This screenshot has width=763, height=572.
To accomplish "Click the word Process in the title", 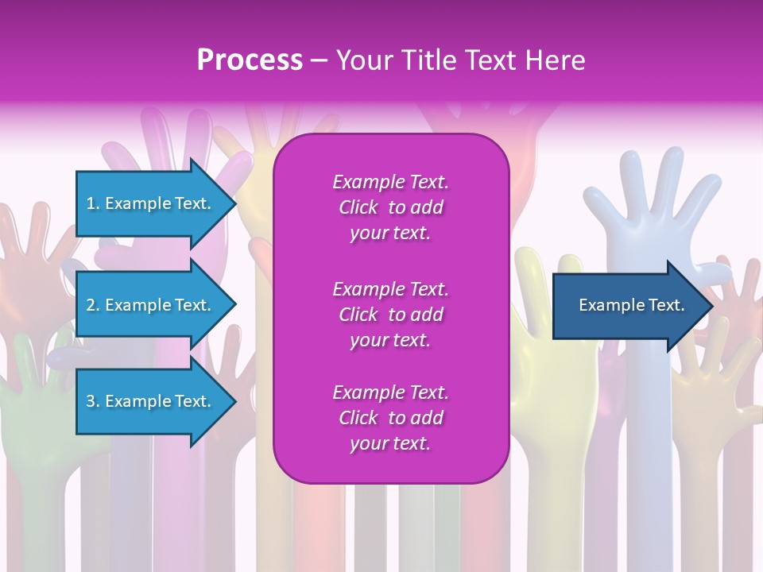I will (250, 60).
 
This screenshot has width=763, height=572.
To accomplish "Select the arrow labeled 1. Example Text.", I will (151, 203).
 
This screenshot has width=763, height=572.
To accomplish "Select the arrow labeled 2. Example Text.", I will (151, 305).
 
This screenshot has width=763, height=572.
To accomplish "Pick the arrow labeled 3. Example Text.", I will (151, 401).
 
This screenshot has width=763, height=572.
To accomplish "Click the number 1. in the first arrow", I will (93, 203).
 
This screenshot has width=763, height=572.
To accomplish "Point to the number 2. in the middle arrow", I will (93, 305).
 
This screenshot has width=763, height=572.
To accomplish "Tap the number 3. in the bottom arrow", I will (93, 401).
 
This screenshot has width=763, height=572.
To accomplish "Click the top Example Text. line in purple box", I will (390, 182).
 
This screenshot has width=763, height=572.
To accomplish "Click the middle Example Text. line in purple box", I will (390, 288).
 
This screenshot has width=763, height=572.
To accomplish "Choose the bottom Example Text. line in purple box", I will (390, 392).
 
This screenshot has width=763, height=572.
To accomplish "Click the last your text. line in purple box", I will (390, 444).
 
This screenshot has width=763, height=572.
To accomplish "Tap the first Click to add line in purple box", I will (390, 207).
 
